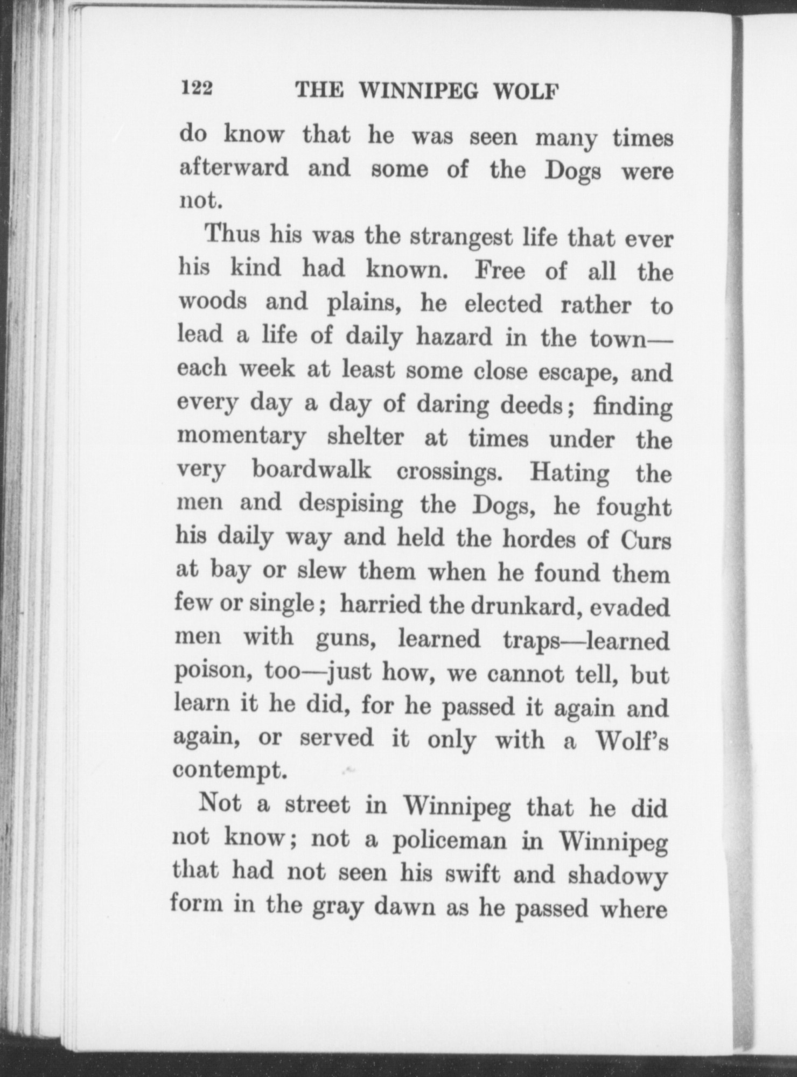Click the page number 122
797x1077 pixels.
(197, 89)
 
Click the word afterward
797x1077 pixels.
(233, 168)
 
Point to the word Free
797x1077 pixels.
(499, 271)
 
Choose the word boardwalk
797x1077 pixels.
(312, 470)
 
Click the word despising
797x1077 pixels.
(351, 505)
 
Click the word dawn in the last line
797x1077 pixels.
(406, 906)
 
